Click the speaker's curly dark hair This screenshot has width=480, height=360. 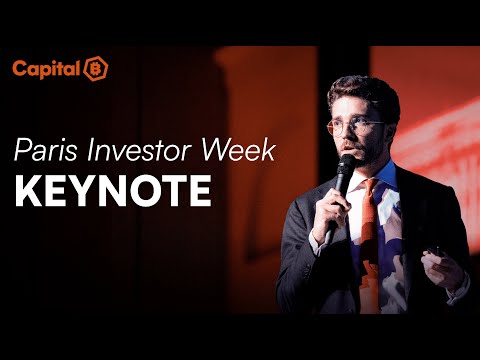point(362,94)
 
